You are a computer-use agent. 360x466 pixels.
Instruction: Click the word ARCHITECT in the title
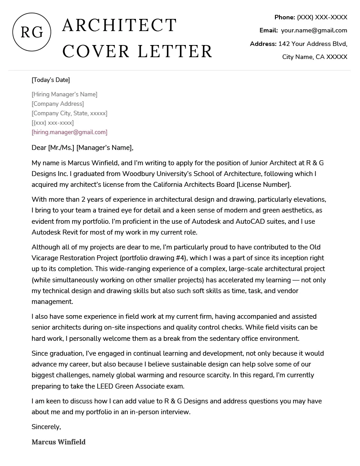[x=119, y=26]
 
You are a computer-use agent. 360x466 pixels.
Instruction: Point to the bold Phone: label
[x=284, y=17]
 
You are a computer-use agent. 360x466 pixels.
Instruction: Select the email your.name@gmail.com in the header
[x=314, y=30]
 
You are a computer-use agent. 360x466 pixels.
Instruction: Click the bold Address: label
[x=263, y=44]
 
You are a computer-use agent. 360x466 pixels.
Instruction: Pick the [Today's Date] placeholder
[x=51, y=80]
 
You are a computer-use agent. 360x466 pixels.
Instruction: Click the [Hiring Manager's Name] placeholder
[x=64, y=94]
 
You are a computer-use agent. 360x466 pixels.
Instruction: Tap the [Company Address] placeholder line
[x=58, y=104]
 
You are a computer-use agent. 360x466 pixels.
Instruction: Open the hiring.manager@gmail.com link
[x=69, y=132]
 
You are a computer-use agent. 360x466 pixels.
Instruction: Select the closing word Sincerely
[x=46, y=426]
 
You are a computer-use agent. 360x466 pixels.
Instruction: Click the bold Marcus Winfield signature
[x=58, y=442]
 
